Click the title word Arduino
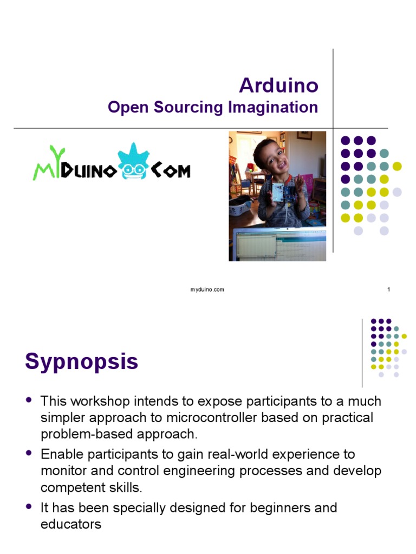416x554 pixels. click(278, 85)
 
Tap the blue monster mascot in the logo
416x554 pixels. click(132, 163)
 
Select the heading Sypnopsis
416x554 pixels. click(82, 361)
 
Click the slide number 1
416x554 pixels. click(388, 289)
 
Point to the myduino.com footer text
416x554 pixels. click(207, 289)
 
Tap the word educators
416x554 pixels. click(71, 524)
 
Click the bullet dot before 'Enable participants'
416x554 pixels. click(29, 453)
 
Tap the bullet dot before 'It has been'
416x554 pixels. click(29, 507)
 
